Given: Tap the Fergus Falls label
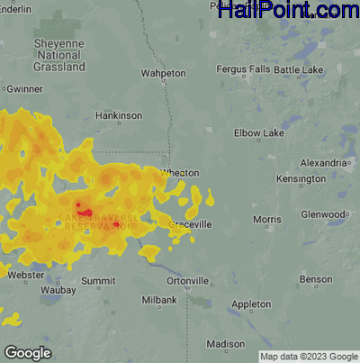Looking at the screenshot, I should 243,70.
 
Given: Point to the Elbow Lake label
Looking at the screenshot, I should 259,133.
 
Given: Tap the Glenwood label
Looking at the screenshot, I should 322,214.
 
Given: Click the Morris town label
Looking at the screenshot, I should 267,220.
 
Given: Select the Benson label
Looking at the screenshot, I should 316,280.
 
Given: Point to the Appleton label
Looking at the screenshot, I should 252,305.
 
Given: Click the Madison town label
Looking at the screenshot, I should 225,343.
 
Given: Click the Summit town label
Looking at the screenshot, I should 98,282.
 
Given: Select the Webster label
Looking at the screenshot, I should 26,275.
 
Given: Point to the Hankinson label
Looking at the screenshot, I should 119,116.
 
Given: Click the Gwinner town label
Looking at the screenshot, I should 24,90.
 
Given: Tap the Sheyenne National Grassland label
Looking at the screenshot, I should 59,55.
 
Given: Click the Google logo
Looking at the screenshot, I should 28,352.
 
